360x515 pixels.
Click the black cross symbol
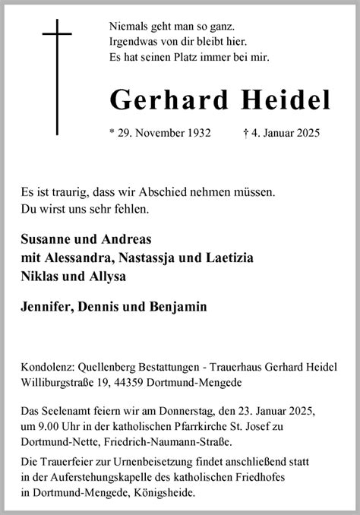tap(56, 76)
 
